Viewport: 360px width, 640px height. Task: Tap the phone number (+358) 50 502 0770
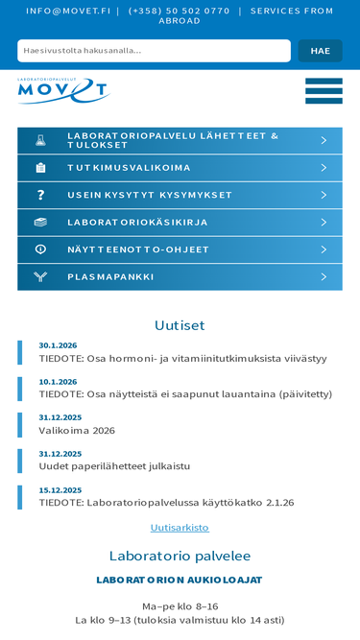(x=179, y=11)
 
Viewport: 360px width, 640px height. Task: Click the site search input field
(x=154, y=51)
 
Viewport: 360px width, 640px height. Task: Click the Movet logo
(x=63, y=90)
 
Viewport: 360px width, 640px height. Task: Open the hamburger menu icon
(x=324, y=91)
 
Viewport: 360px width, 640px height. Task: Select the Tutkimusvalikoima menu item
(x=129, y=168)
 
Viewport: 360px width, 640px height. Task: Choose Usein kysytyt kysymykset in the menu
(x=150, y=195)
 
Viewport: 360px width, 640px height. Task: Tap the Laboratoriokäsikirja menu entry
(x=137, y=223)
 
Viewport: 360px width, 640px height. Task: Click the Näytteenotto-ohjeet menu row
(x=138, y=249)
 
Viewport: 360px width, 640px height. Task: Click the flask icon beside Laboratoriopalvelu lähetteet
(x=40, y=140)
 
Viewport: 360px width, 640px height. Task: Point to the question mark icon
(x=40, y=195)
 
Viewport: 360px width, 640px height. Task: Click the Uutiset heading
(x=180, y=325)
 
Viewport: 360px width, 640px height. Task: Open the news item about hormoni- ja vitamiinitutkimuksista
(x=182, y=359)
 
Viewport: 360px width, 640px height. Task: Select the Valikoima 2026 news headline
(x=77, y=431)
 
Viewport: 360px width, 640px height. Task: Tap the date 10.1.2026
(x=58, y=381)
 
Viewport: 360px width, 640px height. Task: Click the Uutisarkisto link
(x=180, y=528)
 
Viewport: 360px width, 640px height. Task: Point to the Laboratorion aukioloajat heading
(x=180, y=580)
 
